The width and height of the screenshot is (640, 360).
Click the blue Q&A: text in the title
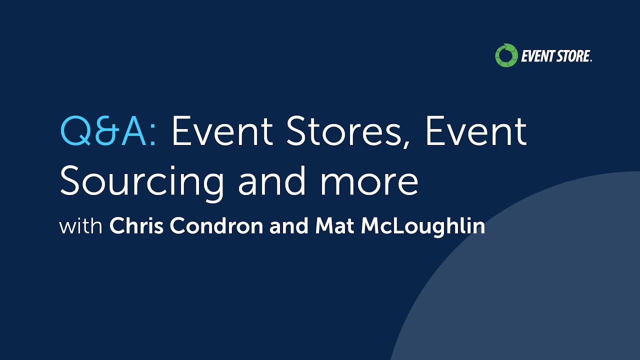108,132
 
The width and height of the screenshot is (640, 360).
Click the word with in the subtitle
81,226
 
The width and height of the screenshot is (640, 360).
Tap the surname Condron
216,226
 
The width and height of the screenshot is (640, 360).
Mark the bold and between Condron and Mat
289,226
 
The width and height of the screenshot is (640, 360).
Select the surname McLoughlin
423,226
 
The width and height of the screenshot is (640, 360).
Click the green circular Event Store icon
505,55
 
